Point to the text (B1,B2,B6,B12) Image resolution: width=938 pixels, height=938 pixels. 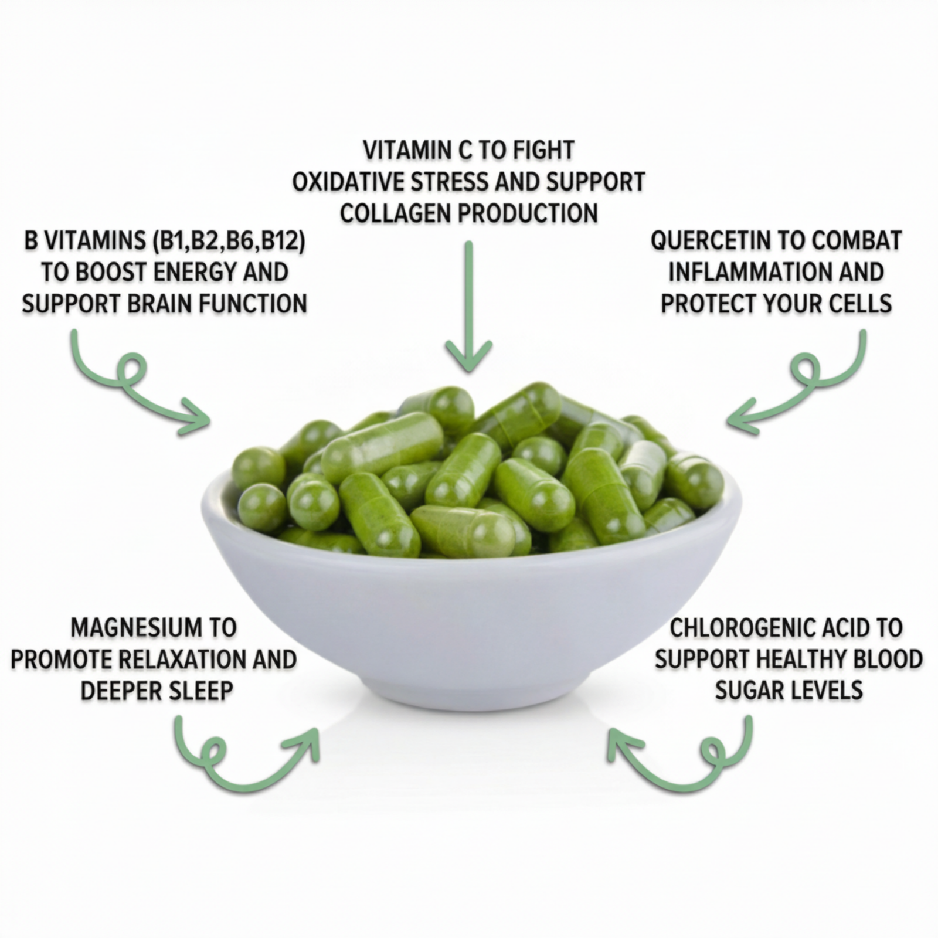pos(229,240)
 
